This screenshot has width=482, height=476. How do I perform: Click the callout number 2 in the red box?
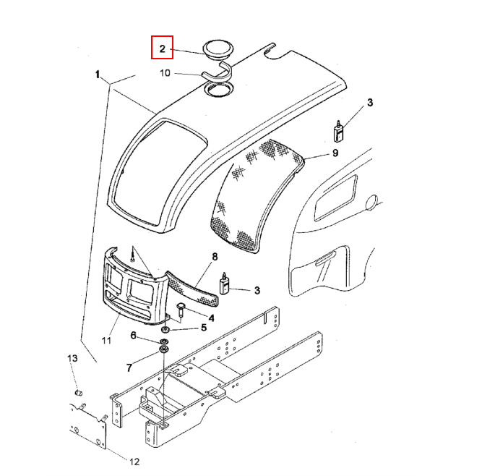[x=163, y=48]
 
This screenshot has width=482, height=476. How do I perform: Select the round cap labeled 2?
[x=218, y=49]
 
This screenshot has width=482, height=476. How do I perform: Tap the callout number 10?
[x=165, y=73]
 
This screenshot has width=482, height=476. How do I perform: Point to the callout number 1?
[x=98, y=75]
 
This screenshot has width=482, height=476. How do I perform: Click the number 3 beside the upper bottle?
[x=370, y=103]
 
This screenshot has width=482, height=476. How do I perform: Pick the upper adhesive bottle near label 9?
[x=338, y=132]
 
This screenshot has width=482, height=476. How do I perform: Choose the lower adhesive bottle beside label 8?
[x=225, y=284]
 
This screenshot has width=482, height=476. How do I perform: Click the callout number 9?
[x=335, y=153]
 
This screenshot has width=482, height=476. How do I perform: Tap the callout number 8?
[x=215, y=257]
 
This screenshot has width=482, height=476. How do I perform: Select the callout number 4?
[x=211, y=318]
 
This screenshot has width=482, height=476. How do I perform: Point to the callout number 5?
[x=204, y=328]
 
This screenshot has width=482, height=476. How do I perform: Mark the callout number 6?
[x=133, y=335]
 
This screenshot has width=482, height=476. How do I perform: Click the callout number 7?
[x=129, y=367]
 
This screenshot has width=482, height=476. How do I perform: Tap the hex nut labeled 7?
[x=163, y=349]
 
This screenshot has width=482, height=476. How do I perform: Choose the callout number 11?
[x=106, y=340]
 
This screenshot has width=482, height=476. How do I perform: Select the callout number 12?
[x=134, y=462]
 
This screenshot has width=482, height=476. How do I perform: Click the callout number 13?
[x=72, y=358]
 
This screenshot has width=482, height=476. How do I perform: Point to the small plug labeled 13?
[x=79, y=393]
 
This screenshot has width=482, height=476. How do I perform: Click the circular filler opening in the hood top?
[x=218, y=89]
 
